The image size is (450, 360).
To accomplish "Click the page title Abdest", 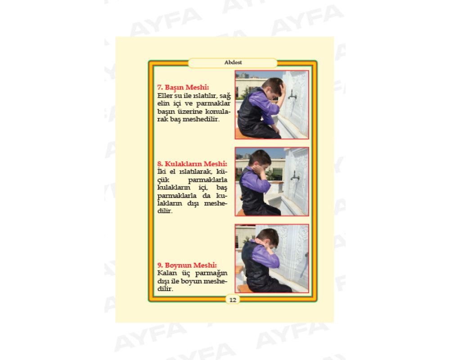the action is click(x=233, y=62).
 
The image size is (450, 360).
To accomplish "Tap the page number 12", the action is click(x=233, y=300).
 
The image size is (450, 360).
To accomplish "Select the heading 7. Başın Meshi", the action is click(x=183, y=87).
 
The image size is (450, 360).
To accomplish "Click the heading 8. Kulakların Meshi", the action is click(x=192, y=164).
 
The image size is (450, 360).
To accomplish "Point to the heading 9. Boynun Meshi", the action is click(x=187, y=265).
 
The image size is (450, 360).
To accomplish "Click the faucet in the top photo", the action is click(x=292, y=94).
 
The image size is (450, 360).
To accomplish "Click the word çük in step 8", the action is click(x=163, y=180).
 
